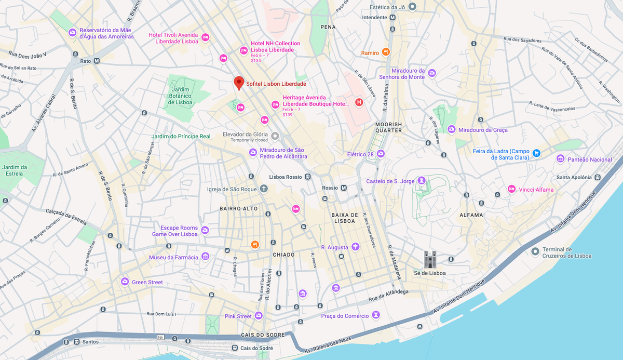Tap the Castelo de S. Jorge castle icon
pos(422,181)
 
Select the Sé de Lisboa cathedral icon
pos(430,258)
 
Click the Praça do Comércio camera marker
pos(376,315)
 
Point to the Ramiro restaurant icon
pos(386,52)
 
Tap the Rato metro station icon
pos(97,61)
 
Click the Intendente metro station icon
pos(392,17)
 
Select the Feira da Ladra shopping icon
pos(537,153)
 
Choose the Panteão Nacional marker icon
pos(560,159)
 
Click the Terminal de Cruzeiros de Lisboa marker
pos(535,251)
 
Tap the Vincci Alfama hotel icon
pos(511,189)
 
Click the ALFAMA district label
pos(471,215)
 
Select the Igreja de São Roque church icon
pos(264,189)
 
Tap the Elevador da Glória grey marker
pos(275,136)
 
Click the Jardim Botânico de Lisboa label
pos(181,96)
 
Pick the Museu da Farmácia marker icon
pos(205,257)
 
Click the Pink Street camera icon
pos(259,316)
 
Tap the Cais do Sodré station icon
pos(235,348)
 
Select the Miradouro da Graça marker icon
pos(452,129)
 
